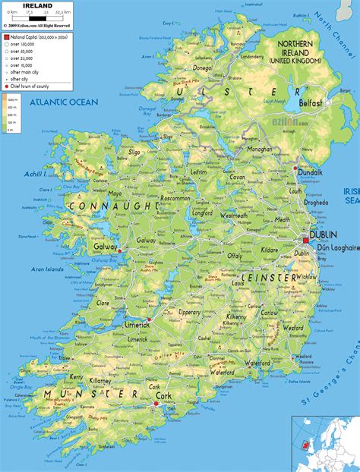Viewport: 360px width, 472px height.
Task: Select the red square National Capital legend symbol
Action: (6, 36)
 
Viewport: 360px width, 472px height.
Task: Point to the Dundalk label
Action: (311, 173)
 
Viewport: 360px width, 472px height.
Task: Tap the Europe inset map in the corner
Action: (325, 443)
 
